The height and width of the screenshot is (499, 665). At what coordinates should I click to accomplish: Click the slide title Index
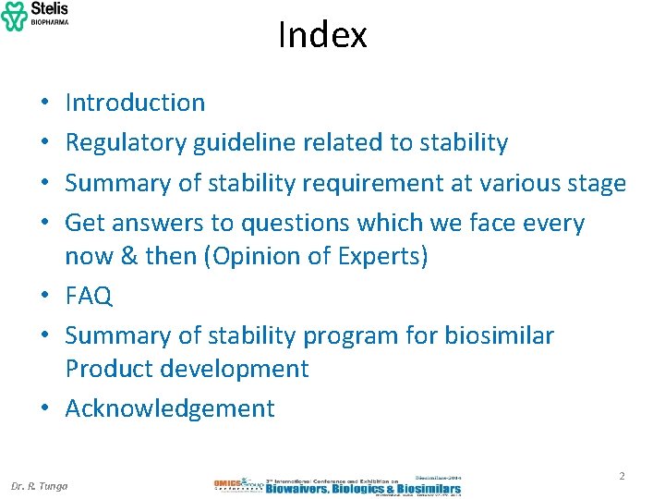coord(322,35)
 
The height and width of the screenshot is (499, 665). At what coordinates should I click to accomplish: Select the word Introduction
coord(135,103)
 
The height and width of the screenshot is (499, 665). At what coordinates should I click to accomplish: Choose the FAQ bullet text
coord(89,296)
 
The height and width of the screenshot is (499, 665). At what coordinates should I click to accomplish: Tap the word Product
coord(108,368)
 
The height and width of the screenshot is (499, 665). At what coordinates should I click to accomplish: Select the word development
coord(234,368)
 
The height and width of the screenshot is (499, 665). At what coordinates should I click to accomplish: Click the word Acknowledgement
coord(170,408)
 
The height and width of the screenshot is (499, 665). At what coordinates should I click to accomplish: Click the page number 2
coord(622,476)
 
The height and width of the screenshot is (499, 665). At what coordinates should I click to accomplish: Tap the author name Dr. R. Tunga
coord(39,486)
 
